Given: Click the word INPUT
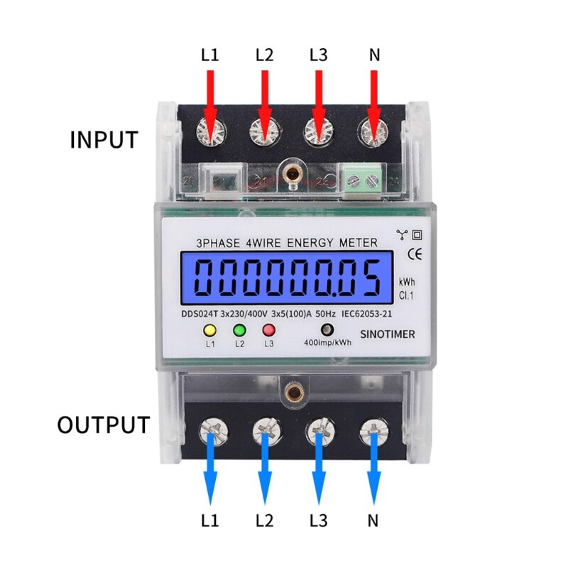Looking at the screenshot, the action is (104, 140).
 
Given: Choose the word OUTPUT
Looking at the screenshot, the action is (104, 425).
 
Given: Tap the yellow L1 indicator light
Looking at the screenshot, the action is (210, 329).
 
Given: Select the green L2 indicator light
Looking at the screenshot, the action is (239, 329).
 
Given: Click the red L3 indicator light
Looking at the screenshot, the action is (268, 329).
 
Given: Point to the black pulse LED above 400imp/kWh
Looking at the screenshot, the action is (327, 330).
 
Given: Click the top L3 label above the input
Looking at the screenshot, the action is (319, 56).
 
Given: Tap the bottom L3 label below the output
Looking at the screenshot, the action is (319, 520).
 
